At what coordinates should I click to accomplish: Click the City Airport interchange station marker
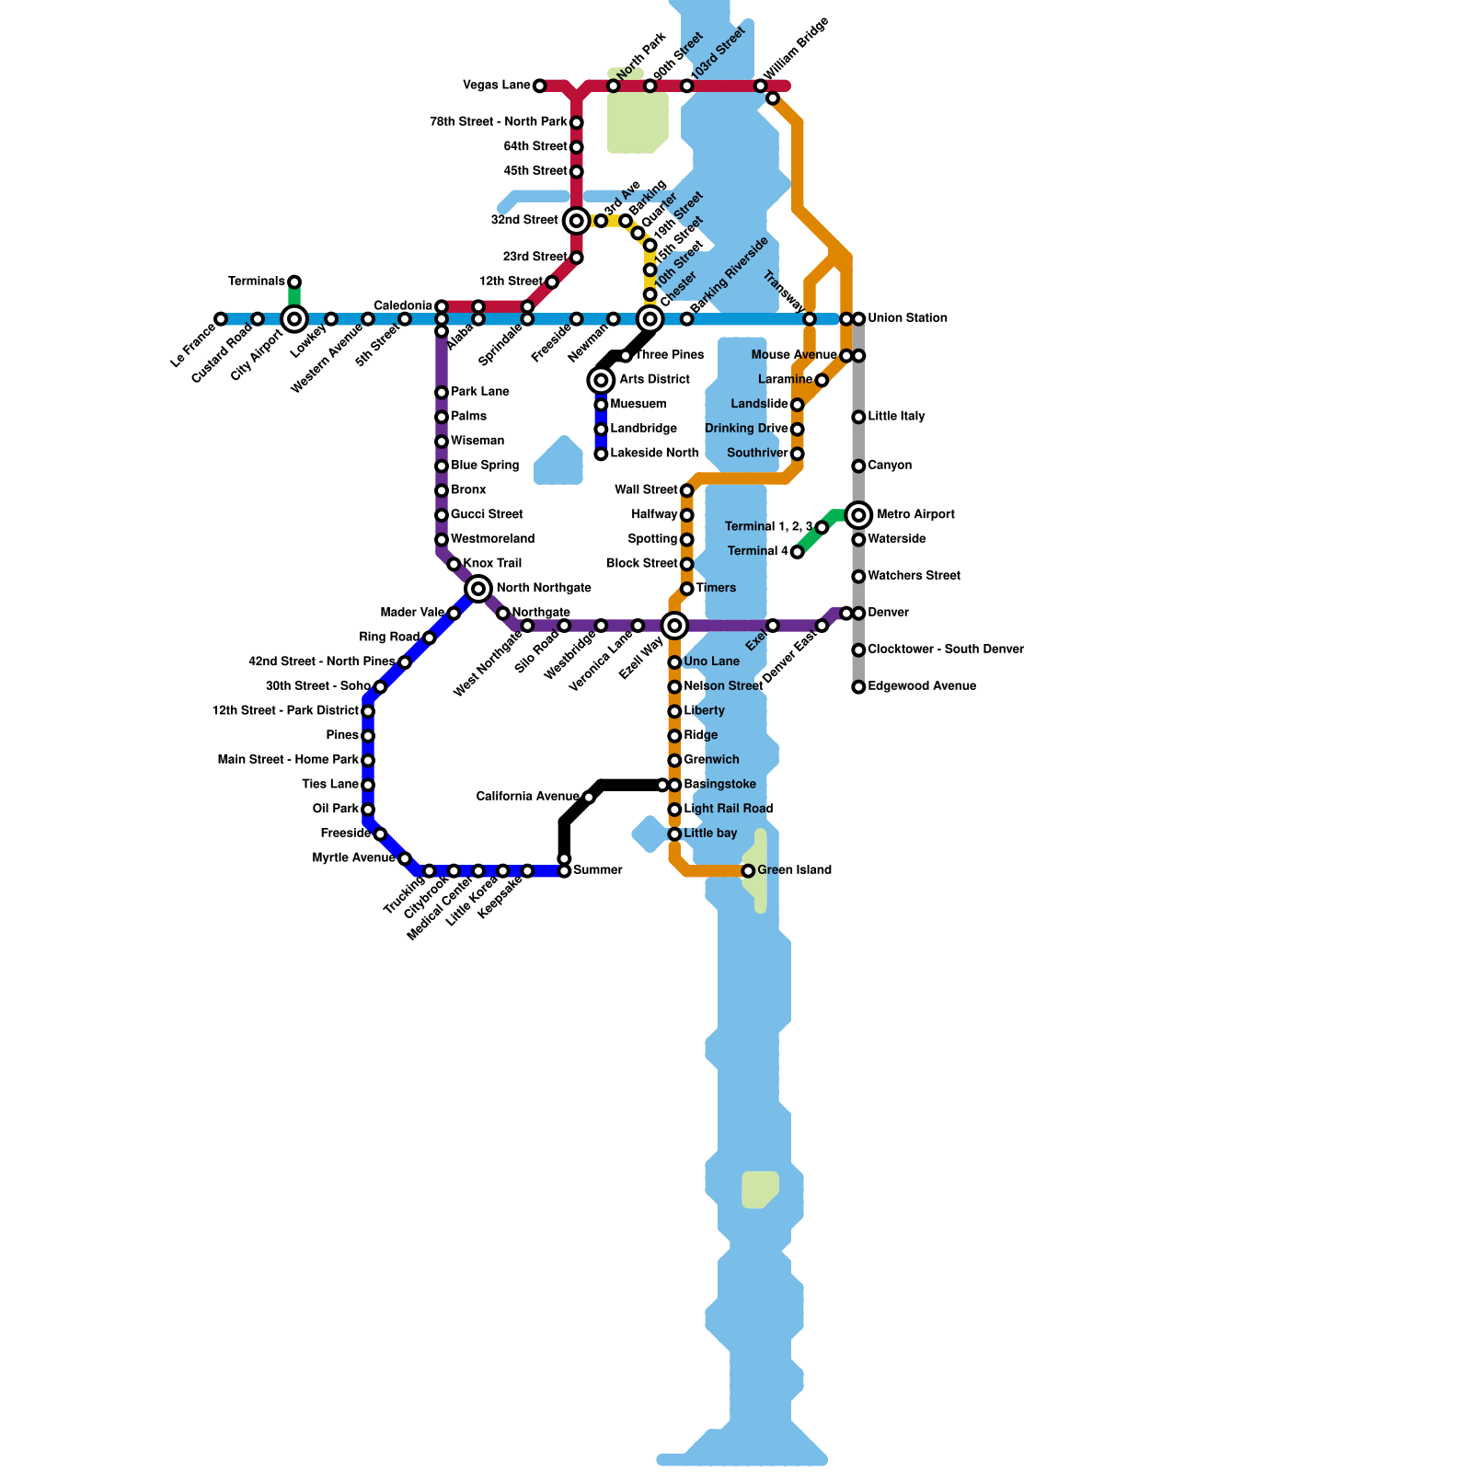294,319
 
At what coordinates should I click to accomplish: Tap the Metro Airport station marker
858,515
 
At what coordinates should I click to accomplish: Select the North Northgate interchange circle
478,589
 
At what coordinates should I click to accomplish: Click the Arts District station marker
601,380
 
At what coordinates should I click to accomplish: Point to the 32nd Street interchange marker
577,221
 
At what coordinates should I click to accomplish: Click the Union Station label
907,318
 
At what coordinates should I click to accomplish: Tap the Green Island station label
794,870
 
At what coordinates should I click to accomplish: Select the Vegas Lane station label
496,86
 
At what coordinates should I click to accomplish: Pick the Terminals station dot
294,282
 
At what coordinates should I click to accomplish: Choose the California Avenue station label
527,797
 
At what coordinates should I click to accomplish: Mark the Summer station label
598,870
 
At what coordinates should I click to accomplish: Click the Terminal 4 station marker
798,552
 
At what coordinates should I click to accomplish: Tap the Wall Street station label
646,490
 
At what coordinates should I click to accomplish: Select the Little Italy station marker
858,417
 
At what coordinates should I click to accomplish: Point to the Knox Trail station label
492,564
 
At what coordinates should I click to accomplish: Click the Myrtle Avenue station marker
405,858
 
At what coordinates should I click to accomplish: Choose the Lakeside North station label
654,454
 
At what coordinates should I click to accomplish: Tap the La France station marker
221,319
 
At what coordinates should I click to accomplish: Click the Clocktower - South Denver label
945,650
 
